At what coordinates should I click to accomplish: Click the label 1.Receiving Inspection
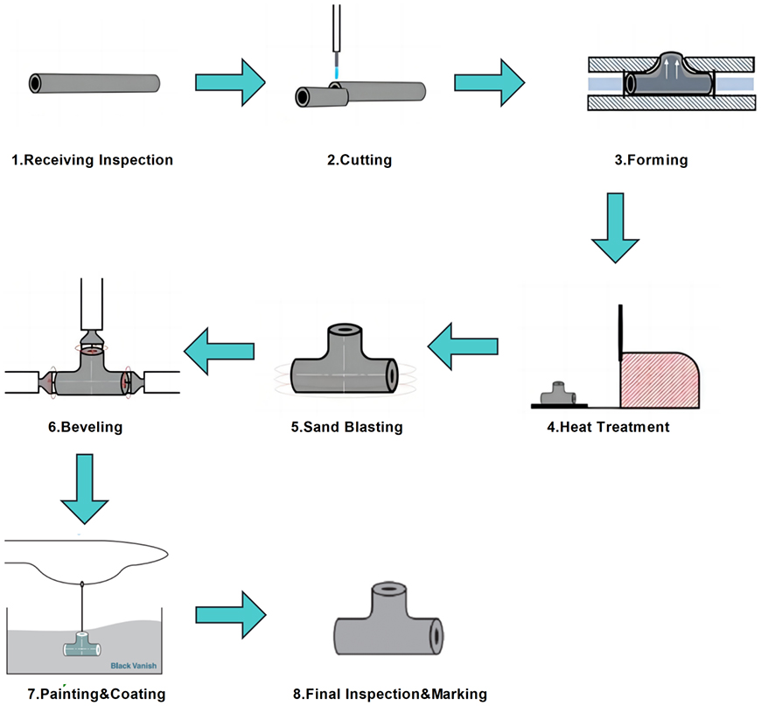[x=92, y=160]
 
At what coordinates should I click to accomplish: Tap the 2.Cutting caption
[x=360, y=160]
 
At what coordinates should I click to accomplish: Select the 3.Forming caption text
[x=652, y=160]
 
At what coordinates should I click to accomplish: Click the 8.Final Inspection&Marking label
[x=389, y=695]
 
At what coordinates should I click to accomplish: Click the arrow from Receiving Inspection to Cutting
[x=229, y=83]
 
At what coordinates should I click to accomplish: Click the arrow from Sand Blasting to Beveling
[x=219, y=350]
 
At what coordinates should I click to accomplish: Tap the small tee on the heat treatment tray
[x=559, y=394]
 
